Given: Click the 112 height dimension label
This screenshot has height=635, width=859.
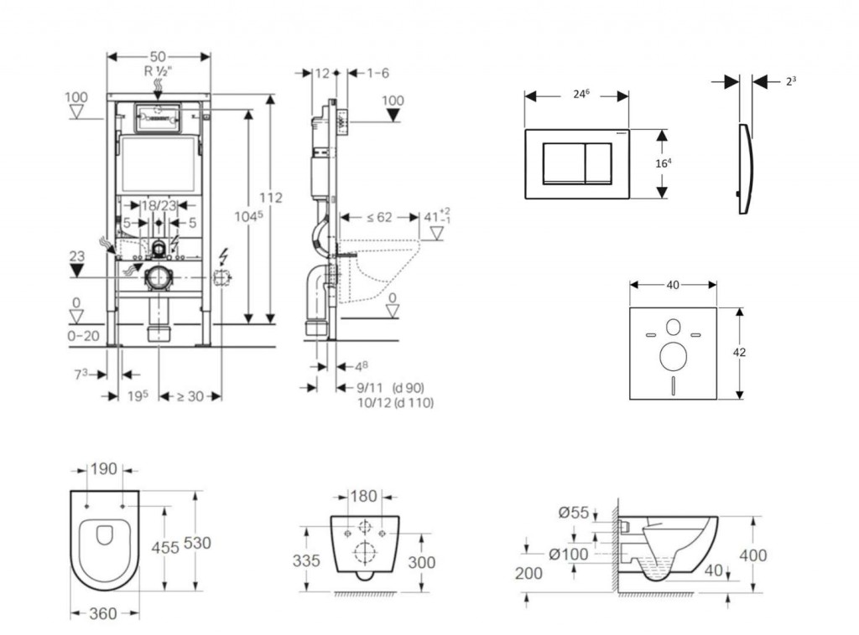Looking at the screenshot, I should [x=271, y=198].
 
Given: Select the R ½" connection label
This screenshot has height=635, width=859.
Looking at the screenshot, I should [x=158, y=72].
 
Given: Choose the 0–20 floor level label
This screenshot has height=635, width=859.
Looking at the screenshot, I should [x=83, y=336].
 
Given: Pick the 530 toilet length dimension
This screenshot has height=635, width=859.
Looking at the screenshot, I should [x=197, y=543].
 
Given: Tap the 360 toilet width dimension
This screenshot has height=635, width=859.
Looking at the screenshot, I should [x=102, y=614].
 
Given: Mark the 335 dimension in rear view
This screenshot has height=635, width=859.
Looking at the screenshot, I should [x=306, y=560].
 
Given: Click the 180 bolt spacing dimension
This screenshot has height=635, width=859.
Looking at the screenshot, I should [x=362, y=497].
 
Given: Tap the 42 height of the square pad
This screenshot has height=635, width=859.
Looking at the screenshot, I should [x=739, y=353].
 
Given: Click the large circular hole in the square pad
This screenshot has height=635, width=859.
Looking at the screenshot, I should [x=673, y=357].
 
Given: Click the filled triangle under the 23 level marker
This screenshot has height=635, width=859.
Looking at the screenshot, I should [x=76, y=271].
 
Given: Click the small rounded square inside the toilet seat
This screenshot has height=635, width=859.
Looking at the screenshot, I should [x=105, y=534].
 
